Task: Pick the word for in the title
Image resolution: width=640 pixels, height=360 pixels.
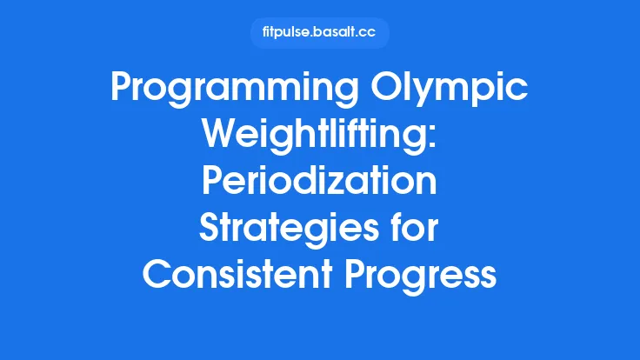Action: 415,230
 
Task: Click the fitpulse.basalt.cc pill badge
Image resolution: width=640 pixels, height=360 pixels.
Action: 319,33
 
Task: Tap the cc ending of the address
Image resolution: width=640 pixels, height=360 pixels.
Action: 369,33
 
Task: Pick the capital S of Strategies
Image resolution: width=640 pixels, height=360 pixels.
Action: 211,230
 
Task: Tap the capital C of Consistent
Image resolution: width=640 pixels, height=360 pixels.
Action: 157,275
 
